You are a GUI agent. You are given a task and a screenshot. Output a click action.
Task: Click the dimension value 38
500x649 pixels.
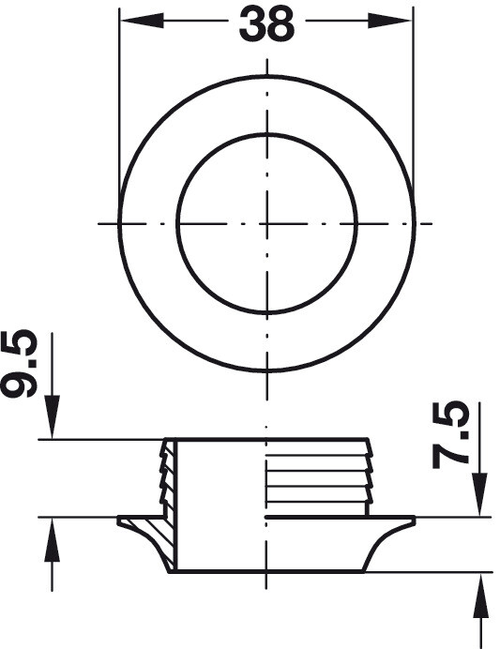[x=266, y=24]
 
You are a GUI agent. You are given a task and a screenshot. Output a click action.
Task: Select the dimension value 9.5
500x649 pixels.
[x=19, y=364]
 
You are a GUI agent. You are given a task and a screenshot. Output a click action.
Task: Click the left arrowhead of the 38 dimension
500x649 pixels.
[x=142, y=20]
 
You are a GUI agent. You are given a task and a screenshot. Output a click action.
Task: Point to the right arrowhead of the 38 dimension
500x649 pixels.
[x=390, y=21]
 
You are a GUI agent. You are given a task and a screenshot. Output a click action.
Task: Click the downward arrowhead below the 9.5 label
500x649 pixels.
[x=53, y=416]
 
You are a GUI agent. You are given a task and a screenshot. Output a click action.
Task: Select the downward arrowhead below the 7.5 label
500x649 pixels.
[x=479, y=494]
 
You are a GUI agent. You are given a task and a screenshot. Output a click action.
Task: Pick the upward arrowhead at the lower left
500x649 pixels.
[x=53, y=539]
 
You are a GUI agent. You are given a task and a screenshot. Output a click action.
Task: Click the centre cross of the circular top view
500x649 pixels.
[x=267, y=224]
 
